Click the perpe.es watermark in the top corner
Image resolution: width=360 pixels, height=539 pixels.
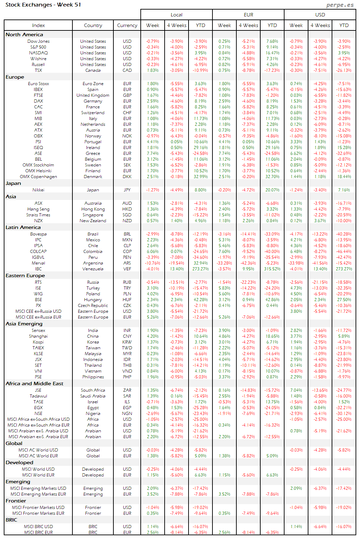[x=340, y=5]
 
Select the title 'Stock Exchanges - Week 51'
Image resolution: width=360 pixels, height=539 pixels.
[x=43, y=5]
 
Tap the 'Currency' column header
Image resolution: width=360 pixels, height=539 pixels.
[x=127, y=25]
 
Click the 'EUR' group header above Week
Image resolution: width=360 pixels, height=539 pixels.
[x=248, y=15]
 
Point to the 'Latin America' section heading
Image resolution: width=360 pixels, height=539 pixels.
[x=23, y=227]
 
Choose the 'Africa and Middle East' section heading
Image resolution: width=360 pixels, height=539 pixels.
[x=34, y=383]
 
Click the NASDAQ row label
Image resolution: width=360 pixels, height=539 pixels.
[x=38, y=53]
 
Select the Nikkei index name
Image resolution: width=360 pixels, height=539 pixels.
[x=38, y=190]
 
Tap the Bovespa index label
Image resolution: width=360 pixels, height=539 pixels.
[x=38, y=234]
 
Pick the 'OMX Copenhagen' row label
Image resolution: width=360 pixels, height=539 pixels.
[x=38, y=177]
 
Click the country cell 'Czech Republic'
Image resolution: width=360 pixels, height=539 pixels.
[x=93, y=306]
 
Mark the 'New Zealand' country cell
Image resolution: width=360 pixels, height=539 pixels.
[x=93, y=221]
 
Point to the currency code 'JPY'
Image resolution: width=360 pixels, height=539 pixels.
[x=127, y=190]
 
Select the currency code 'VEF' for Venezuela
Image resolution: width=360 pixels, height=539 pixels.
[x=127, y=269]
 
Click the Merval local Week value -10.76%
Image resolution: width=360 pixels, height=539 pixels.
[x=153, y=263]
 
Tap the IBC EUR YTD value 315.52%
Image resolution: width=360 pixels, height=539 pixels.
[x=272, y=269]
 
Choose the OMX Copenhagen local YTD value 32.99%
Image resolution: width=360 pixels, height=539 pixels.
[x=200, y=177]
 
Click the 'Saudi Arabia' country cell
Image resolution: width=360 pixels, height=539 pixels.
[x=93, y=396]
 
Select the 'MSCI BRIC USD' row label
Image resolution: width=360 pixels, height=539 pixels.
[x=38, y=527]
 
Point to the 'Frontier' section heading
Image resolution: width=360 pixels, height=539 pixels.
[x=16, y=501]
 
